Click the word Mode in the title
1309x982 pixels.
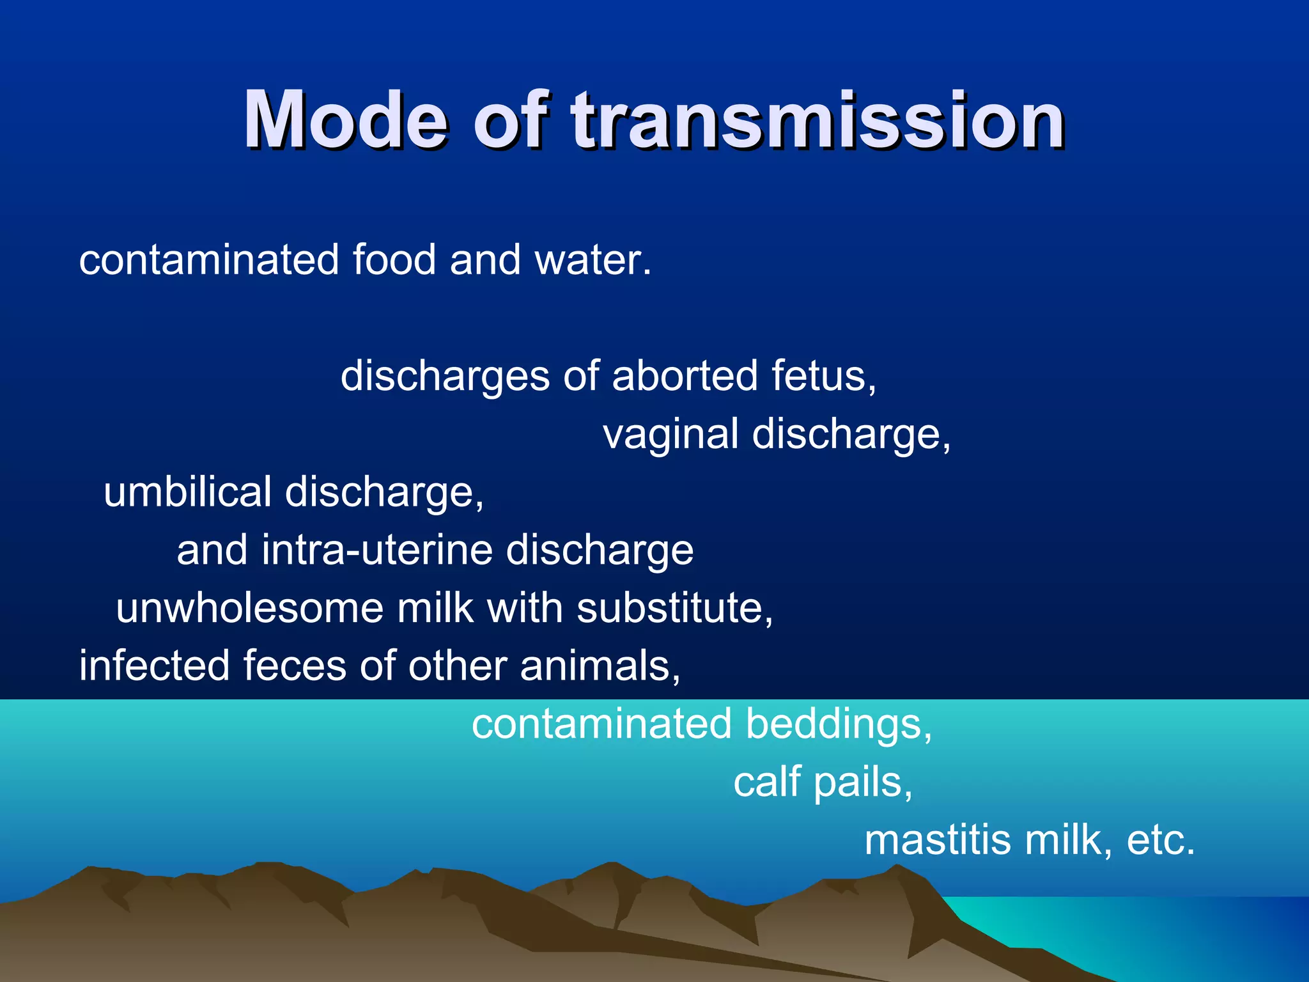coord(345,120)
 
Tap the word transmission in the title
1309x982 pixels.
coord(818,120)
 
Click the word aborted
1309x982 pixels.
coord(685,375)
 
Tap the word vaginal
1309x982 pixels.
coord(670,435)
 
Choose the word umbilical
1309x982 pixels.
coord(188,492)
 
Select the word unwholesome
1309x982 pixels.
coord(249,608)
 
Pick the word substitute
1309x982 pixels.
coord(674,608)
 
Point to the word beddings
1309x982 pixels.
coord(838,724)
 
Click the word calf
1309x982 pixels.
coord(767,782)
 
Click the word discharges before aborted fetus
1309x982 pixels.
coord(445,375)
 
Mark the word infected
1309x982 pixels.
coord(153,666)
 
